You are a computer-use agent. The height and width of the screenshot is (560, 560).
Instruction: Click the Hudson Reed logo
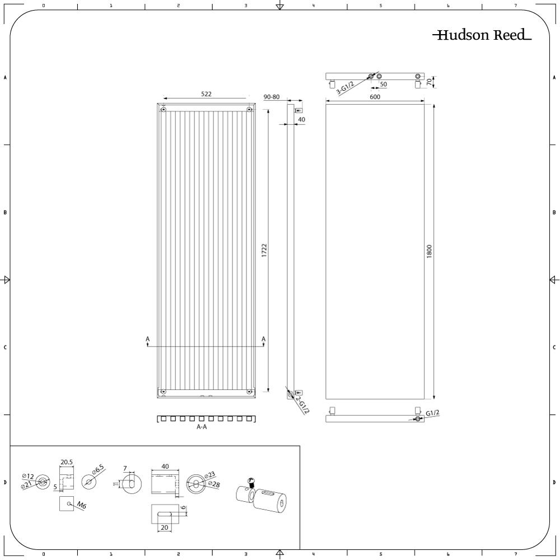pyautogui.click(x=482, y=35)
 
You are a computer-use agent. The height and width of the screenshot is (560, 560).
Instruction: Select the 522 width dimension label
pyautogui.click(x=206, y=94)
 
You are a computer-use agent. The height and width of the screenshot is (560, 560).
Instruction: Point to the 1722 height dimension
pyautogui.click(x=264, y=250)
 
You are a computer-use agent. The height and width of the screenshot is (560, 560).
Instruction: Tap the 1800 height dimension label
pyautogui.click(x=430, y=251)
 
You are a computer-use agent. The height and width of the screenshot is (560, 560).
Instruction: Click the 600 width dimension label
pyautogui.click(x=375, y=97)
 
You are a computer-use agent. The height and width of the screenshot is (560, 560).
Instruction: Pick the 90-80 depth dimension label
pyautogui.click(x=272, y=97)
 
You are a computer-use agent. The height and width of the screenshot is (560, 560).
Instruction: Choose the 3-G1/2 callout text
pyautogui.click(x=345, y=88)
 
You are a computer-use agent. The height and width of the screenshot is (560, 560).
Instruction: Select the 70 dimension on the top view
pyautogui.click(x=429, y=82)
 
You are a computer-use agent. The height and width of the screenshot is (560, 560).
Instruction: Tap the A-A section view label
pyautogui.click(x=202, y=427)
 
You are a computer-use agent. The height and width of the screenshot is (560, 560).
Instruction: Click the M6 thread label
pyautogui.click(x=81, y=505)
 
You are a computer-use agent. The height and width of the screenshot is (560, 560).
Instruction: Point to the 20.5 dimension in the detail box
pyautogui.click(x=67, y=462)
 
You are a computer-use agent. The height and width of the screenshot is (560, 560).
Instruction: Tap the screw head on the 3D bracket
pyautogui.click(x=251, y=480)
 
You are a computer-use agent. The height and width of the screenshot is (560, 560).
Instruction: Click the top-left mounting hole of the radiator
pyautogui.click(x=163, y=109)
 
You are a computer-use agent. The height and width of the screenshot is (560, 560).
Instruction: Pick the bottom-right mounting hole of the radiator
pyautogui.click(x=249, y=392)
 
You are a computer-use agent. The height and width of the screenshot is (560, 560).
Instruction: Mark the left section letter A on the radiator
pyautogui.click(x=147, y=339)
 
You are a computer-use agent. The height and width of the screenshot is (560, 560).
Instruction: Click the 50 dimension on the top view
pyautogui.click(x=383, y=85)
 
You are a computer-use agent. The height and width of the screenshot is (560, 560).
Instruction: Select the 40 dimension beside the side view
pyautogui.click(x=301, y=120)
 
